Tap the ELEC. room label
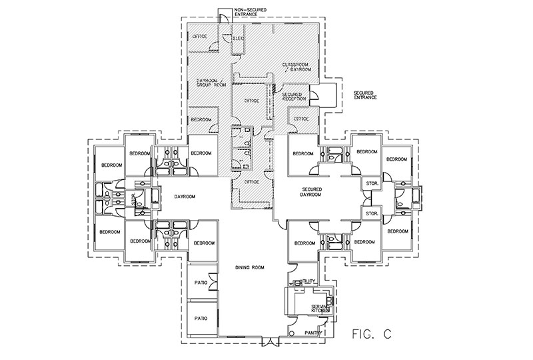coord(239,39)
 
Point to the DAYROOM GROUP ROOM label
coord(210,84)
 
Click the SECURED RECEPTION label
coord(294,97)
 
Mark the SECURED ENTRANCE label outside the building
coord(364,95)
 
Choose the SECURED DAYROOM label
coord(311,193)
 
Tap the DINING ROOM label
coord(251,267)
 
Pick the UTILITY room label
coord(308,283)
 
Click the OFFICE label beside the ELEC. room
coord(201,35)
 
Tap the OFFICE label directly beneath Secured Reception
coord(301,119)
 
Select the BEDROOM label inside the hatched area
coord(201,119)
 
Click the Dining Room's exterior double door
coord(270,343)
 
